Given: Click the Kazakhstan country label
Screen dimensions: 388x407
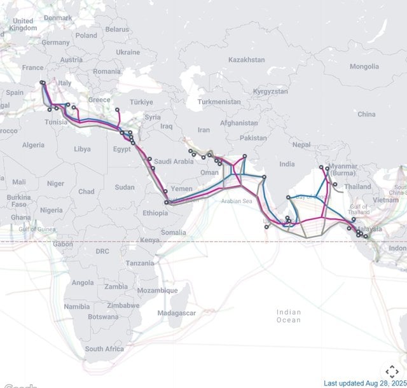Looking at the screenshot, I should (246, 60).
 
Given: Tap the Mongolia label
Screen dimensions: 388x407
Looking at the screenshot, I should (364, 67).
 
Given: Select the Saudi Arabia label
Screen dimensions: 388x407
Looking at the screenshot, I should (174, 162).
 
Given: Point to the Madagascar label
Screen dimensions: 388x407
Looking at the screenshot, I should (177, 313).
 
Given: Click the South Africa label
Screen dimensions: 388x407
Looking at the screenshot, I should (104, 349).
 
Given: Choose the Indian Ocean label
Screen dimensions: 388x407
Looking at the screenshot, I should (289, 316).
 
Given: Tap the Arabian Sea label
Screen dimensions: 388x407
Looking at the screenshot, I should (237, 201).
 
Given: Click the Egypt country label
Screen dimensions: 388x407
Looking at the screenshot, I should (121, 149).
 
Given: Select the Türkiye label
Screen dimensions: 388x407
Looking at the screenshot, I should (141, 102).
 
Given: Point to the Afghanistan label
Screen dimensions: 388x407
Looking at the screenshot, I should (239, 123).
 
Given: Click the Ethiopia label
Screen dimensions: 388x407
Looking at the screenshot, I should (156, 214).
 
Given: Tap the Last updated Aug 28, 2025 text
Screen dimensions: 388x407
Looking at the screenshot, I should (364, 383).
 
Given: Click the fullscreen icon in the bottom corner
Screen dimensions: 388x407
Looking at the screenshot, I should (392, 371).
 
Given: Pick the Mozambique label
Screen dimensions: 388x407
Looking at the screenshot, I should (158, 291).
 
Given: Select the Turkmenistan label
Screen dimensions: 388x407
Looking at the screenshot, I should (219, 102).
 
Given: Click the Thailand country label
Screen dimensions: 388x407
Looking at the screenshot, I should (358, 187).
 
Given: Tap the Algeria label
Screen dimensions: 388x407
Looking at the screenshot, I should (33, 145).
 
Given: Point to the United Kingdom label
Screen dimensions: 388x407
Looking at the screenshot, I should (24, 25).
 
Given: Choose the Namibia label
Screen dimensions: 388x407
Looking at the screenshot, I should (76, 307).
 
